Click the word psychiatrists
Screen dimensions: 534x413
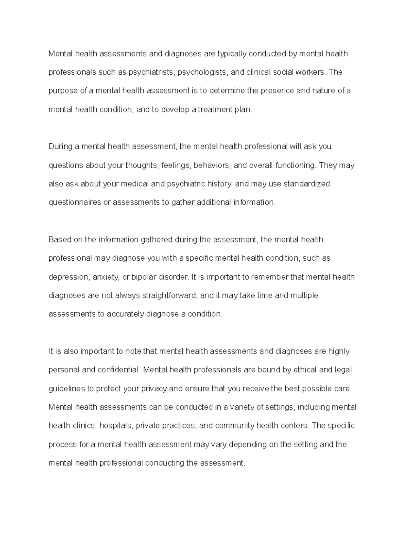(x=152, y=73)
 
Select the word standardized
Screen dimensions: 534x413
(x=307, y=184)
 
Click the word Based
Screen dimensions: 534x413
(x=59, y=240)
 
